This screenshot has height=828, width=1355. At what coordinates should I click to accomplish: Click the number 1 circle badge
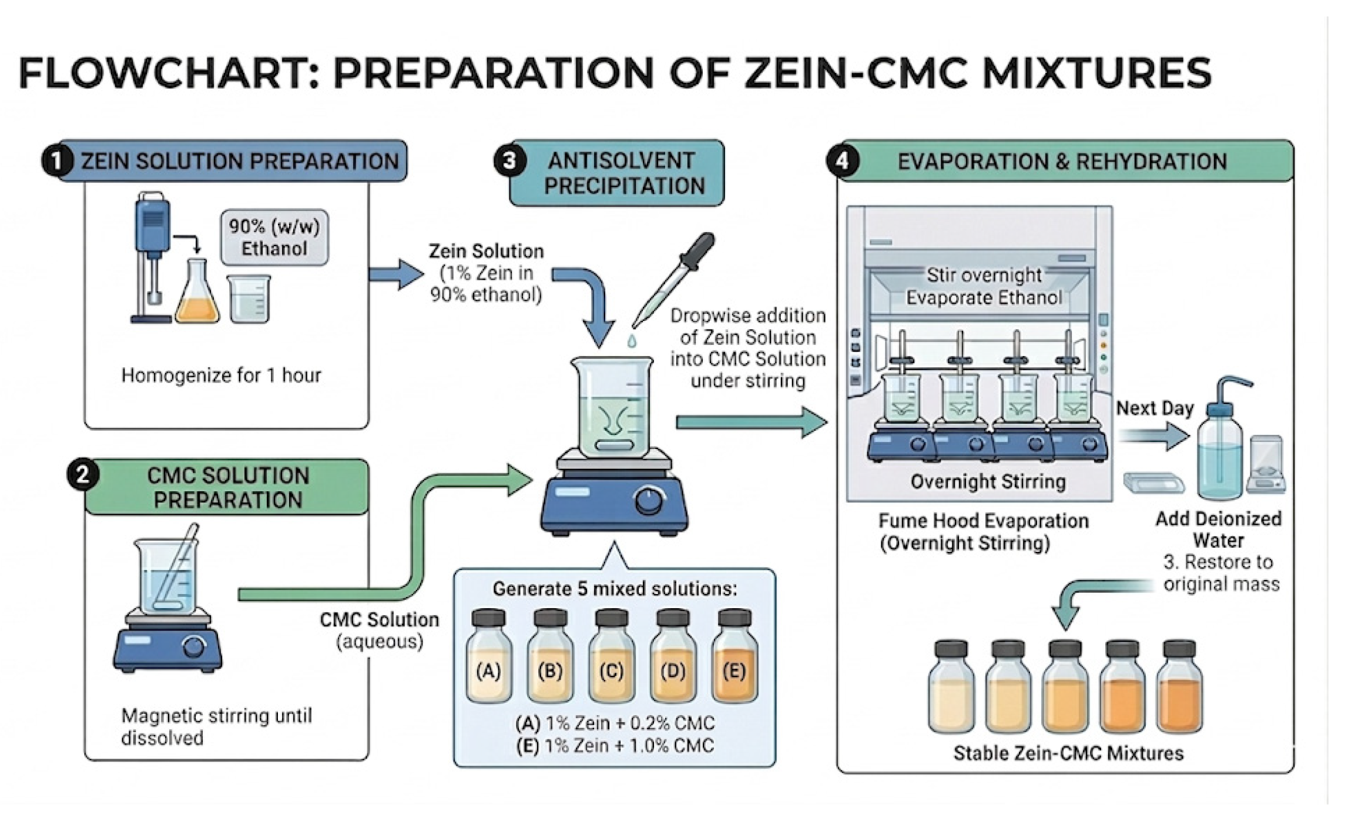[57, 161]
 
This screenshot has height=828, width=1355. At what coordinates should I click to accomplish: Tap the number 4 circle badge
[842, 160]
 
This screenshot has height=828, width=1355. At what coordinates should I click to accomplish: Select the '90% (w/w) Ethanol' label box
[274, 237]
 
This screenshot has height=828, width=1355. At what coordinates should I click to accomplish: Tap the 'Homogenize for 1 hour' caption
[221, 375]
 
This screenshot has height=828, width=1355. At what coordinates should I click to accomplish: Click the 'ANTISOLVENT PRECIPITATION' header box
[617, 173]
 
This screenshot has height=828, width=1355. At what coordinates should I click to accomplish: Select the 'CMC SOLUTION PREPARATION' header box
[227, 487]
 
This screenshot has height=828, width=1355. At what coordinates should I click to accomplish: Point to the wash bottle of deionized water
[1221, 440]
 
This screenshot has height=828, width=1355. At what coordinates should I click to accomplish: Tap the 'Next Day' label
[1155, 408]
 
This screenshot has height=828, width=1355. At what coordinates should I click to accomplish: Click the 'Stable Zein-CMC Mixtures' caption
[1068, 753]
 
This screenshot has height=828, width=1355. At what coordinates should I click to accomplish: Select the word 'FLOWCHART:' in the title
[169, 73]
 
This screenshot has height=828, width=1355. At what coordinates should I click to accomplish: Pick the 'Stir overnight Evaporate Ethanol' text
[984, 286]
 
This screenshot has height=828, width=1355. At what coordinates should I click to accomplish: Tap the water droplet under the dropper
[631, 341]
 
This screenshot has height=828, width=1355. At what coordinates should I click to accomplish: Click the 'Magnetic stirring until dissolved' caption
[216, 726]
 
